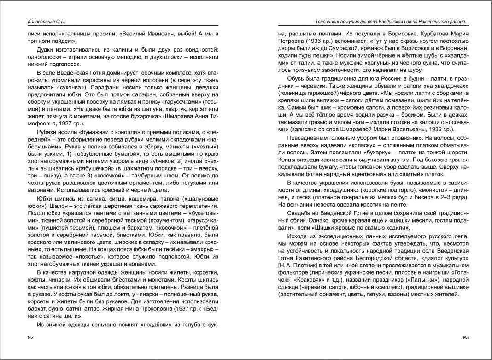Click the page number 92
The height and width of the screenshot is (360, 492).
click(x=31, y=338)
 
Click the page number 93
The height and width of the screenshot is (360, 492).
click(x=465, y=338)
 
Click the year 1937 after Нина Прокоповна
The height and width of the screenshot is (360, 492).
click(x=176, y=309)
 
